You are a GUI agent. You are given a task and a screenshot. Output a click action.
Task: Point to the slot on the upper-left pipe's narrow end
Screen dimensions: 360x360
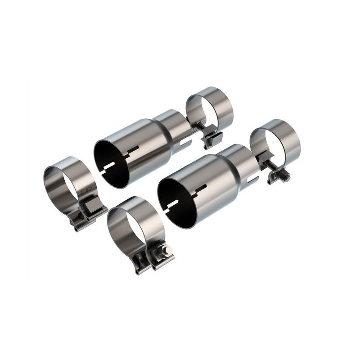click(x=187, y=143)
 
